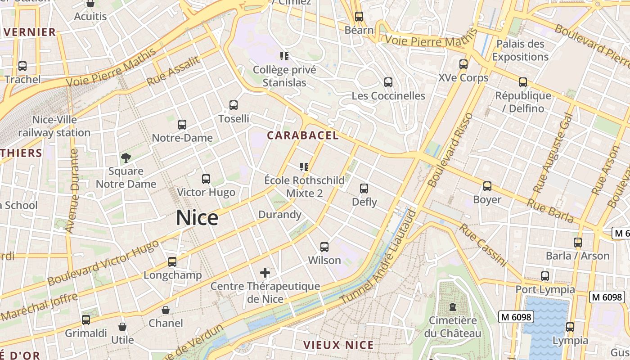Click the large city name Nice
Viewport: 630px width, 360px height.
point(197,218)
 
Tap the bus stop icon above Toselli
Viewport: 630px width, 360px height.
point(233,105)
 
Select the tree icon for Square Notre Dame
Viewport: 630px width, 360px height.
point(126,157)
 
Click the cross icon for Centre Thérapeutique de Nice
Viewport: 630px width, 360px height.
point(265,272)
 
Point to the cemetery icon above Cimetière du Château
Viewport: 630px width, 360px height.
point(453,307)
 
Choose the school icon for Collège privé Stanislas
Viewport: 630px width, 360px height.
point(284,56)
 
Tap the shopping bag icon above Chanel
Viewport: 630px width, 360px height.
point(166,310)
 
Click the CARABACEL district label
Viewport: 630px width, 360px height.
point(302,135)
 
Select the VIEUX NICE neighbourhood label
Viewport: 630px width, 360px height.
point(338,345)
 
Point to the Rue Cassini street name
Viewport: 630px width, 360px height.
point(483,245)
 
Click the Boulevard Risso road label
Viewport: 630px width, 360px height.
point(450,150)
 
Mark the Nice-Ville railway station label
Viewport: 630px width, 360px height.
point(54,126)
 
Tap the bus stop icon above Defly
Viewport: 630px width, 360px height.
point(364,189)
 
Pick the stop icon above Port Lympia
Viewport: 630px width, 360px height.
point(545,276)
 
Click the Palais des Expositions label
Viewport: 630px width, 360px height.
point(520,50)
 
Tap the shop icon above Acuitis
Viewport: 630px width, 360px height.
point(90,4)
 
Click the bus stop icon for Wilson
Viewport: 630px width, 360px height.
point(324,247)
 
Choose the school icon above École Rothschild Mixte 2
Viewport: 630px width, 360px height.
point(304,167)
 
